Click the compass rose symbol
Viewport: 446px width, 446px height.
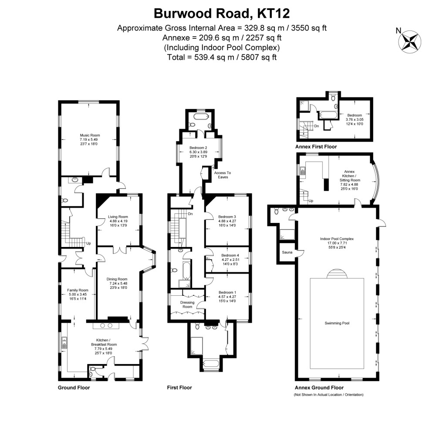pos(410,41)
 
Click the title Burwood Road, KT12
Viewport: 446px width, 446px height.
pos(222,13)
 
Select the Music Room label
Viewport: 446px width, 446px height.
pos(88,135)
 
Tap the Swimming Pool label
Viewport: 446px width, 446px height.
pos(337,323)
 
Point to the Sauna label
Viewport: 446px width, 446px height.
pos(286,252)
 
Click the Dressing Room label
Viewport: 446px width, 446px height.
pos(187,304)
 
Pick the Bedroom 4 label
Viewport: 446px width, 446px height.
pos(227,255)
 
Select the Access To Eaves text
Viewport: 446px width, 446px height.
pos(223,175)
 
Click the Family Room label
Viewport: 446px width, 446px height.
pos(78,290)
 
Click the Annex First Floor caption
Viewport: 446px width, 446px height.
pos(316,147)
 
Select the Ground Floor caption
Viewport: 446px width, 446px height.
pos(74,387)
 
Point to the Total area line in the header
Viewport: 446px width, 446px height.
pos(222,57)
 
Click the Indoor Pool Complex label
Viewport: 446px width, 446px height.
pos(337,239)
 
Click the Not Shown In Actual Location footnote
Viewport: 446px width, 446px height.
pos(328,395)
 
